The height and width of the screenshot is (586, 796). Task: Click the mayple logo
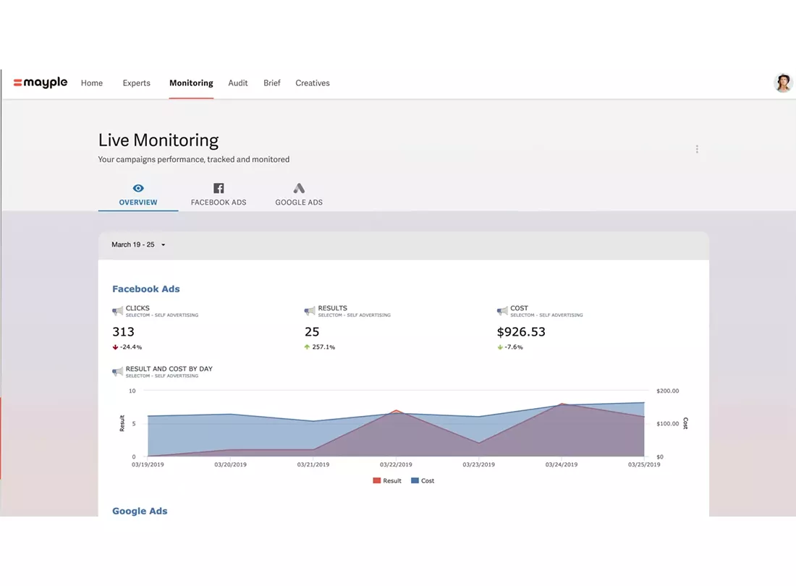(x=40, y=82)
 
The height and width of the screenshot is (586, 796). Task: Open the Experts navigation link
(x=137, y=83)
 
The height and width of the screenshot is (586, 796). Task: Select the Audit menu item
(x=237, y=83)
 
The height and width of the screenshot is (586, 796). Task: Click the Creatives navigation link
(x=312, y=83)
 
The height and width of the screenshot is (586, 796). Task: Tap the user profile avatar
(x=782, y=82)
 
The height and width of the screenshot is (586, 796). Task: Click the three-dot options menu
(x=697, y=148)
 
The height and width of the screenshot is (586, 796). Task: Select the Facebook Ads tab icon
(x=219, y=188)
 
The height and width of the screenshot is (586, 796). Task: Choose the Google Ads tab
(x=298, y=195)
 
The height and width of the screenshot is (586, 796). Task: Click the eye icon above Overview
(x=138, y=188)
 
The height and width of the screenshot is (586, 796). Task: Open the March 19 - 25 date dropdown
(x=138, y=245)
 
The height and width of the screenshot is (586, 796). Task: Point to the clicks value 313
(x=123, y=332)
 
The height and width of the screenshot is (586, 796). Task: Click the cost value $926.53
(x=521, y=332)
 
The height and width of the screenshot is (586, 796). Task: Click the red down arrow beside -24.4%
(x=115, y=347)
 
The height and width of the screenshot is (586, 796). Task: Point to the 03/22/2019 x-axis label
(x=396, y=464)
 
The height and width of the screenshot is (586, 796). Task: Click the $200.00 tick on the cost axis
(x=668, y=391)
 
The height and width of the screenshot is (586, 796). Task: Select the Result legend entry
(x=387, y=480)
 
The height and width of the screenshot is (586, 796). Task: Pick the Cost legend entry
(x=423, y=480)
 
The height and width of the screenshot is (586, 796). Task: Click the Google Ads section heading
(x=140, y=511)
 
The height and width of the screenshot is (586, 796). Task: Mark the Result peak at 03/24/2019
(x=562, y=404)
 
